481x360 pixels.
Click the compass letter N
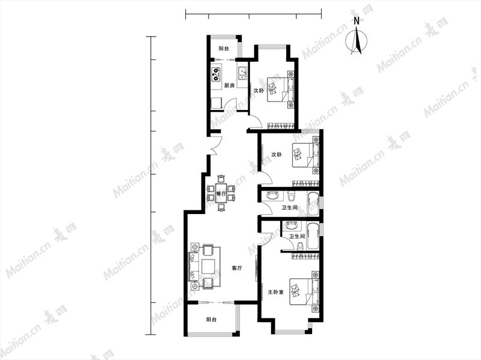coord(357,21)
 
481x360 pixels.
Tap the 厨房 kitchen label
coord(230,85)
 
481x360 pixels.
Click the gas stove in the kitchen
coord(216,75)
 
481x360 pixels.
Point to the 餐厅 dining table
coord(221,194)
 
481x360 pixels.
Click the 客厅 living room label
coord(237,268)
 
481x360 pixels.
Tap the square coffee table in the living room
coord(209,266)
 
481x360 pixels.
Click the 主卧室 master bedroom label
coord(276,292)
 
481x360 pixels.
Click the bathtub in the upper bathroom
coord(313,204)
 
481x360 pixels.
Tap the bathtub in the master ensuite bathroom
coord(313,236)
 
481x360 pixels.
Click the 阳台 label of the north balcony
coord(224,49)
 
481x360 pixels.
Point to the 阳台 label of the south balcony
coord(212,320)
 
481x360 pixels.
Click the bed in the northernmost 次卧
coord(278,90)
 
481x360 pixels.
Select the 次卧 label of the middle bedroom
coord(277,154)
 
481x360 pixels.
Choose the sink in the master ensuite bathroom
coord(292,226)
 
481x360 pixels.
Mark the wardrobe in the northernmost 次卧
coord(281,126)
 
